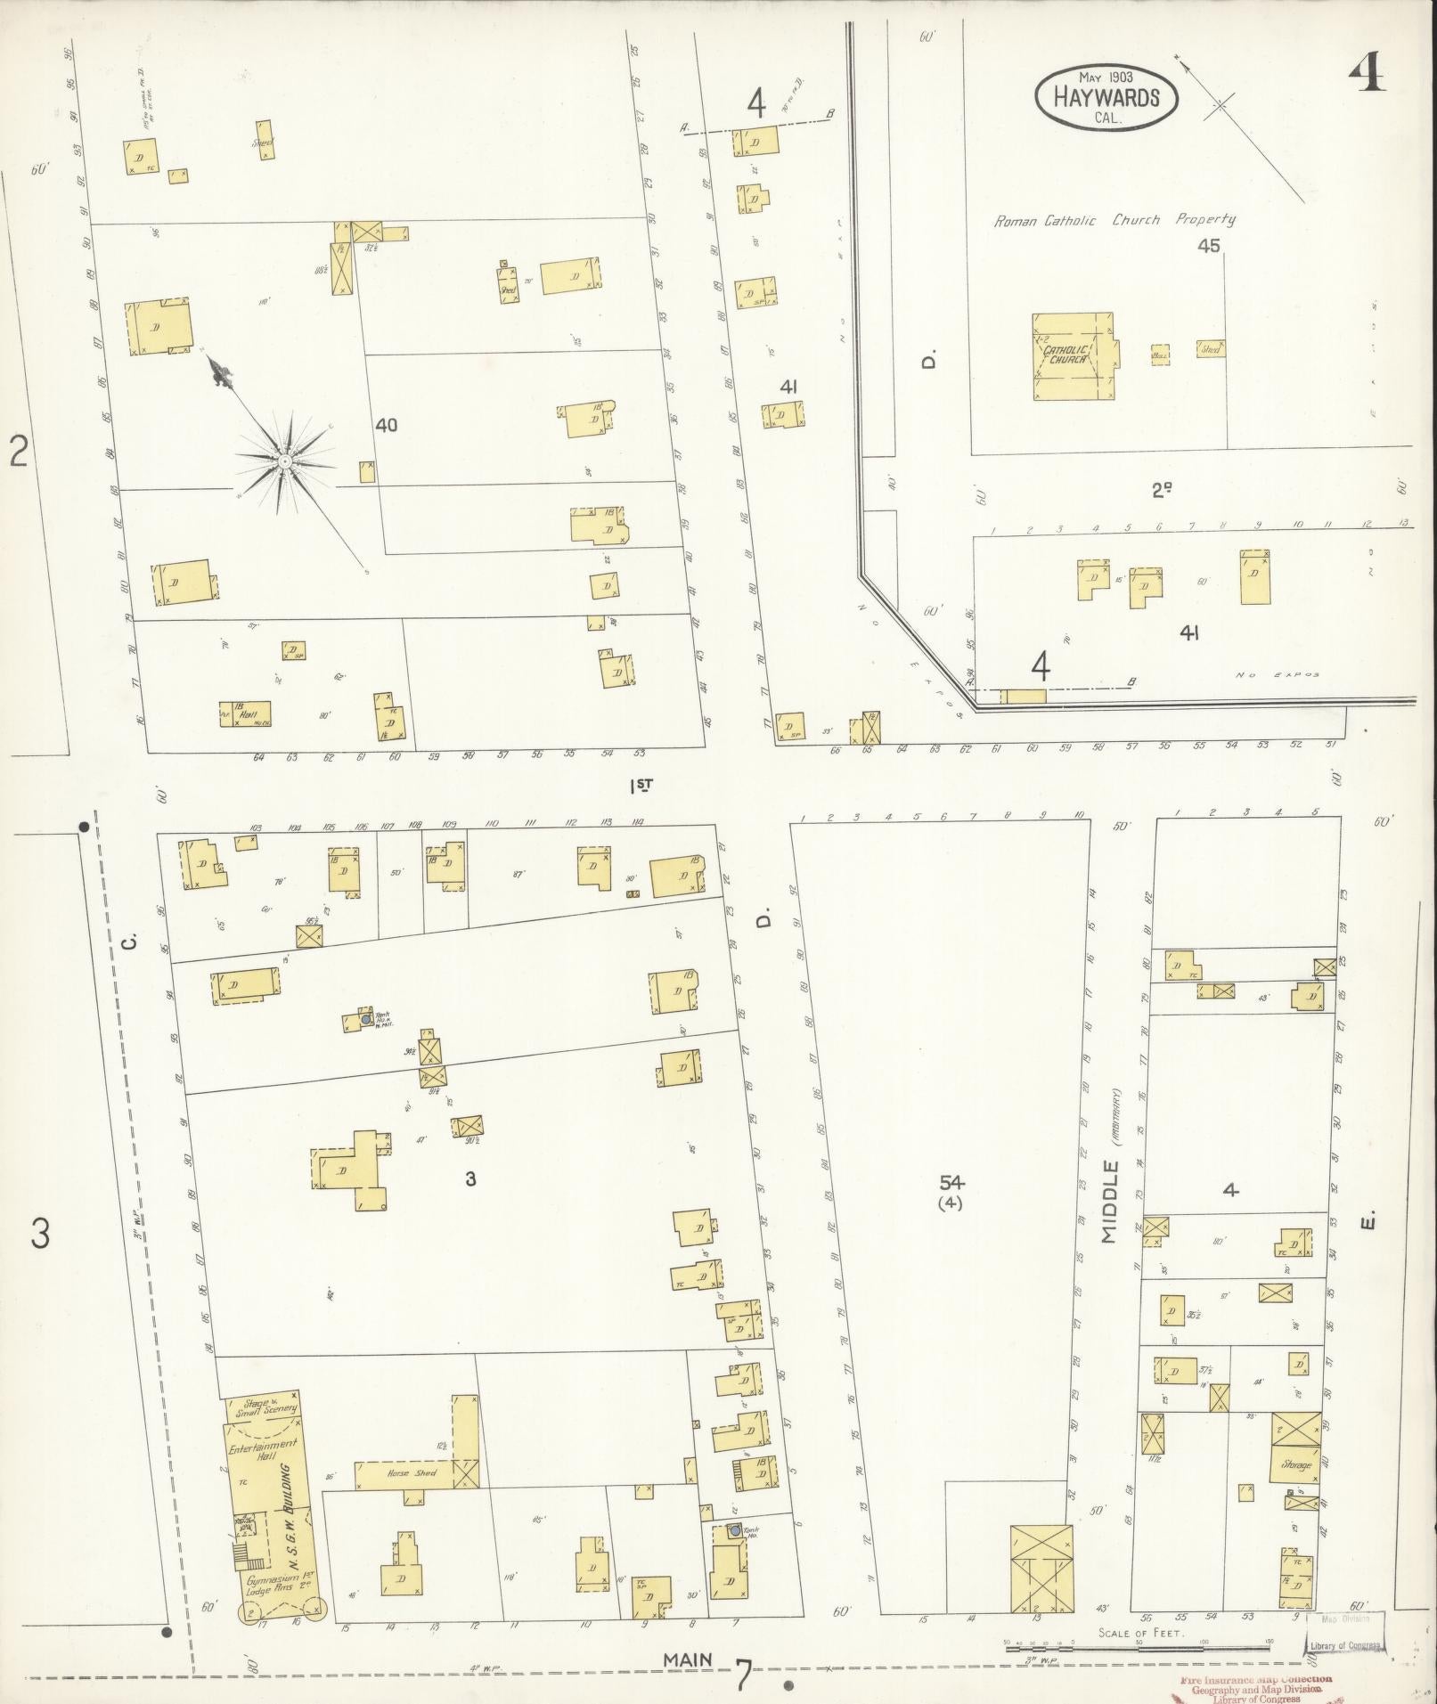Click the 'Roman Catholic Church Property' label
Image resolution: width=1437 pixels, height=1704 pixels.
pyautogui.click(x=1114, y=219)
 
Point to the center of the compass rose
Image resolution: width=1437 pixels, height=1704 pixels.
pyautogui.click(x=284, y=461)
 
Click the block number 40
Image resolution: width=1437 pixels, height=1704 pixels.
pyautogui.click(x=386, y=426)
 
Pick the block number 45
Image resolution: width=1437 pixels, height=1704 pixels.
pyautogui.click(x=1208, y=246)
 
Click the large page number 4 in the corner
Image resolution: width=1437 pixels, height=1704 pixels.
pyautogui.click(x=1365, y=77)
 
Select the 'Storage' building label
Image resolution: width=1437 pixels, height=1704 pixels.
pyautogui.click(x=1296, y=1464)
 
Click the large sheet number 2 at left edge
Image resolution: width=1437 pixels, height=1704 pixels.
pyautogui.click(x=19, y=451)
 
